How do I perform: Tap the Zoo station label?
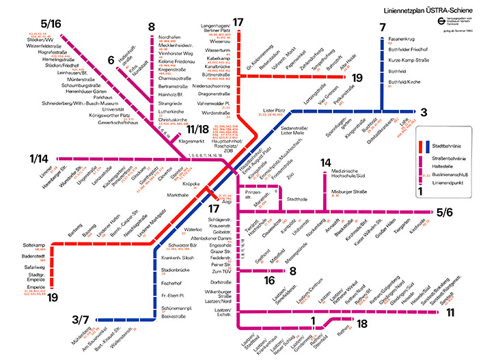(x=290, y=176)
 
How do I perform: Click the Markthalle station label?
(x=178, y=195)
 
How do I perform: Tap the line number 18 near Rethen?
(x=363, y=323)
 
